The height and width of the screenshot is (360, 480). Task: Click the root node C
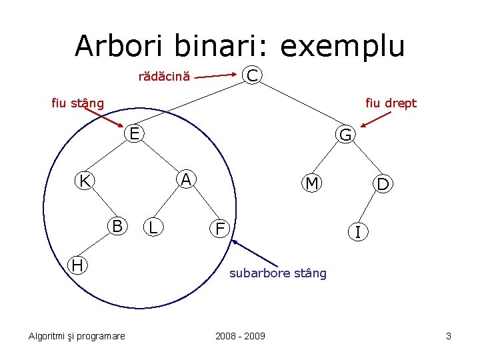click(252, 75)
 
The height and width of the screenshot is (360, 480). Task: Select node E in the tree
click(135, 134)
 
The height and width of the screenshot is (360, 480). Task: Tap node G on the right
click(346, 135)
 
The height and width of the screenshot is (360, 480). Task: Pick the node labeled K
click(85, 181)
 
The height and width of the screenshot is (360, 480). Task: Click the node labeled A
click(187, 179)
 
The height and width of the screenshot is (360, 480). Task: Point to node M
click(311, 183)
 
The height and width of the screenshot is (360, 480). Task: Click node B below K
click(117, 227)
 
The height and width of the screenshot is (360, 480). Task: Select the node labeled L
click(153, 228)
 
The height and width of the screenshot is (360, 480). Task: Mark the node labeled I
click(359, 233)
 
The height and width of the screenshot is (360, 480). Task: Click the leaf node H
click(78, 265)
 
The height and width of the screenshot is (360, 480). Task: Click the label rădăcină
click(164, 77)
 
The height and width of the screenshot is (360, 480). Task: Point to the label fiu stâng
click(78, 103)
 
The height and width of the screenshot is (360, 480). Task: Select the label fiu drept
click(391, 103)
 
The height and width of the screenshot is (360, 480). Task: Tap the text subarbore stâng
click(278, 273)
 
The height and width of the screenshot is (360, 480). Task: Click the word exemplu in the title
click(342, 46)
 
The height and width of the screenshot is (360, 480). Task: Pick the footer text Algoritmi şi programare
click(77, 336)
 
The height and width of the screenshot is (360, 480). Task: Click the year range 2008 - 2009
click(240, 336)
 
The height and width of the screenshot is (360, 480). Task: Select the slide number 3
click(449, 336)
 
